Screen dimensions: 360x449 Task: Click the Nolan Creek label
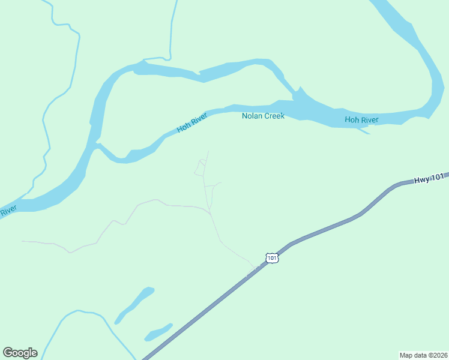tap(263, 116)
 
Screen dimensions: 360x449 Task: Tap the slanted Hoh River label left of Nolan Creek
tap(191, 124)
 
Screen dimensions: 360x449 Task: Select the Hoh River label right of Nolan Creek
tap(361, 120)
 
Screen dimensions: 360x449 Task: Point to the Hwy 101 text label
tap(429, 178)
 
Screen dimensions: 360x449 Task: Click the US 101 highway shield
tap(272, 258)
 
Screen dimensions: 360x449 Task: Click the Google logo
tap(20, 353)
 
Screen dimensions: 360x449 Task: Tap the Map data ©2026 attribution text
tap(423, 355)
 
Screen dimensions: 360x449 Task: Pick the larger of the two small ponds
tap(134, 304)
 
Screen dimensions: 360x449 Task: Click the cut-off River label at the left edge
tap(8, 211)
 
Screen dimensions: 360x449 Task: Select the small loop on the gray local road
tap(200, 167)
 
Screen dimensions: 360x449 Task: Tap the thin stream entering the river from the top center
tap(172, 30)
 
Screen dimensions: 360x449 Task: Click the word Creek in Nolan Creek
tap(274, 116)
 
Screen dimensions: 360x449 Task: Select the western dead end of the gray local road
tap(23, 241)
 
